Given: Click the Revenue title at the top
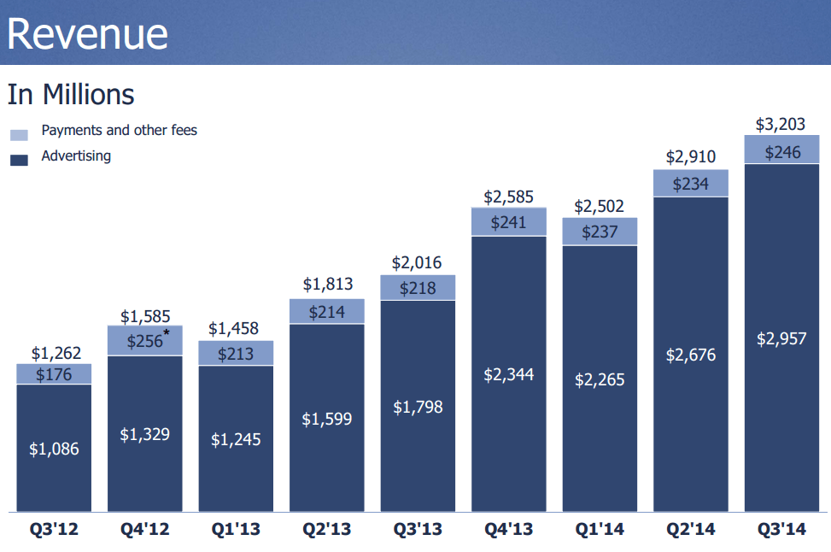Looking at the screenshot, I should click(x=87, y=33).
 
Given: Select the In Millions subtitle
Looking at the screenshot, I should click(x=71, y=94).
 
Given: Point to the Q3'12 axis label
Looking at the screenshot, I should click(x=54, y=530).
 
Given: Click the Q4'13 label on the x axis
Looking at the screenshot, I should click(x=509, y=530).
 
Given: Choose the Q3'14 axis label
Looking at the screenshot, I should click(x=781, y=530).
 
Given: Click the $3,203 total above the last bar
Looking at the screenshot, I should click(x=781, y=124).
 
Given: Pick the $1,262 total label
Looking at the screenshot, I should click(x=55, y=353).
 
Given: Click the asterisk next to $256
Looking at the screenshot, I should click(x=167, y=333).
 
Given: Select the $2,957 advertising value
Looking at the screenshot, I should click(x=781, y=338).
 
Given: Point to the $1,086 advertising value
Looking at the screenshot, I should click(x=55, y=448).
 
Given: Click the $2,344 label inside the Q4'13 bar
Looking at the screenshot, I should click(x=508, y=373).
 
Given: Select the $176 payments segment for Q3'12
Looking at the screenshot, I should click(x=55, y=374).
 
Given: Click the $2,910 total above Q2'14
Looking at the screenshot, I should click(x=690, y=157).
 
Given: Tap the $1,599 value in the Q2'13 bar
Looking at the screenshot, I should click(x=326, y=419).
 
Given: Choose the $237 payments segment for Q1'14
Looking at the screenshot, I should click(x=599, y=232).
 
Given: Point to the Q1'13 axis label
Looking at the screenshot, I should click(x=236, y=530).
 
